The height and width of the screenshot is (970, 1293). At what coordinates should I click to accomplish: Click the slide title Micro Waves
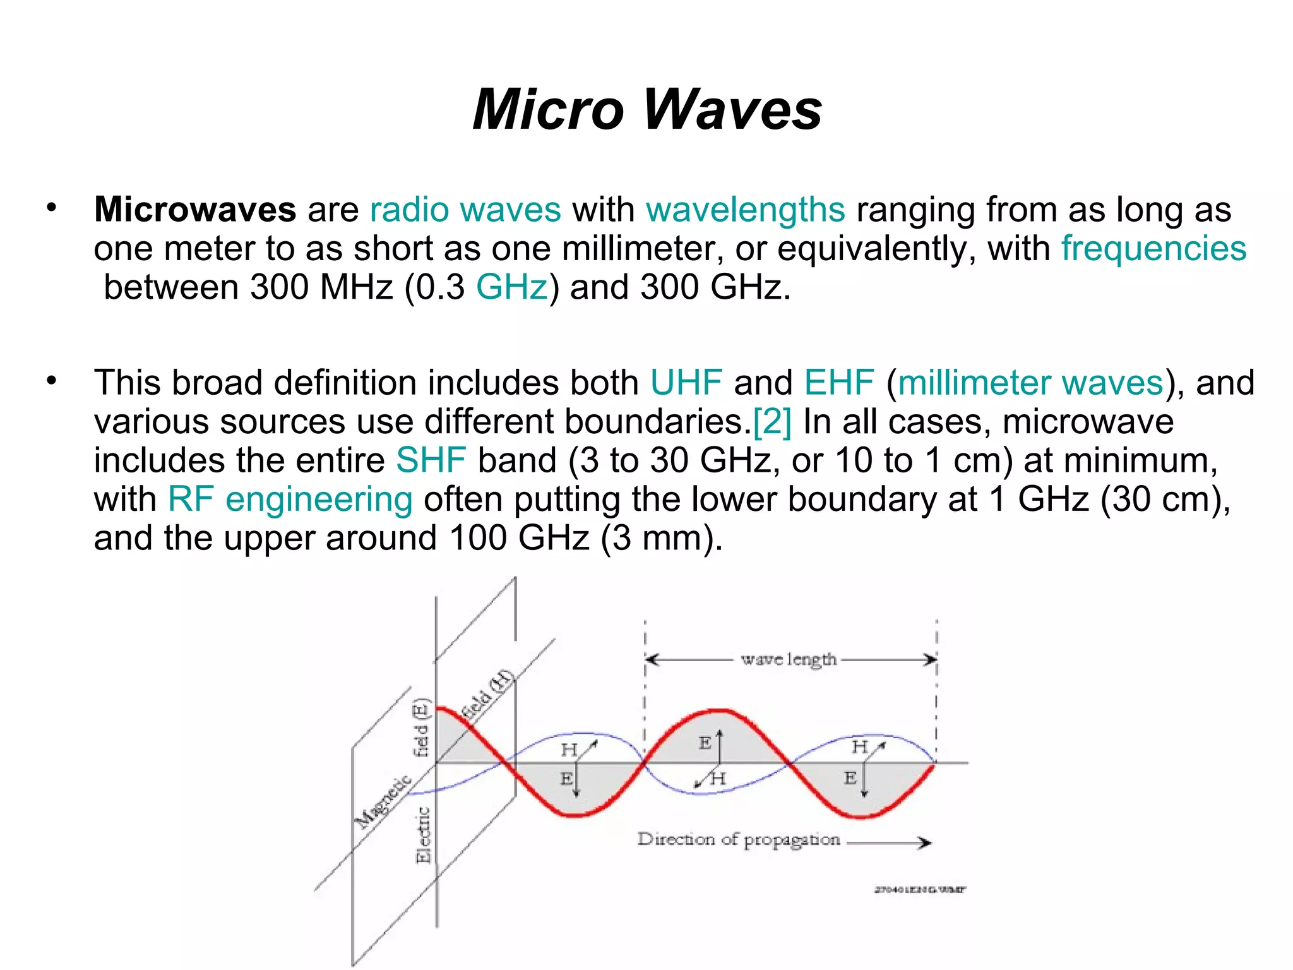pos(647,109)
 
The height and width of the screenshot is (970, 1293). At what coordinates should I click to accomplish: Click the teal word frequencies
pos(1153,248)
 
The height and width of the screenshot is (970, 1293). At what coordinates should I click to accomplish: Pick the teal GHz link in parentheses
pos(511,287)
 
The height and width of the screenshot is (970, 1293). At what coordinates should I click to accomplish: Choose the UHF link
pos(686,383)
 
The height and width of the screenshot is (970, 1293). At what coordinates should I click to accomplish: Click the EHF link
pos(839,383)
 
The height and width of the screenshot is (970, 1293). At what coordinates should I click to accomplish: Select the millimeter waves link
pos(1030,383)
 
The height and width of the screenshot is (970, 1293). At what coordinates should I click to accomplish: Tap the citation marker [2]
pos(772,422)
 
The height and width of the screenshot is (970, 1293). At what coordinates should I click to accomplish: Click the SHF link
pos(431,460)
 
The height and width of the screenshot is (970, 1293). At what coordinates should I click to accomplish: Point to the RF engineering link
pos(290,500)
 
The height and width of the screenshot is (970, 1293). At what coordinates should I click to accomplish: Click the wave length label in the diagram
pos(789,660)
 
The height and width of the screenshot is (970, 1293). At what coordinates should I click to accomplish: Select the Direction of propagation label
pos(738,840)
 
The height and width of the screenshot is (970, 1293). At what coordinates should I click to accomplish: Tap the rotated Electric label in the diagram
pos(423,835)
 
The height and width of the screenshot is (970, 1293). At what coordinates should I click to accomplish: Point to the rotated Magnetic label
pos(383,801)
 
